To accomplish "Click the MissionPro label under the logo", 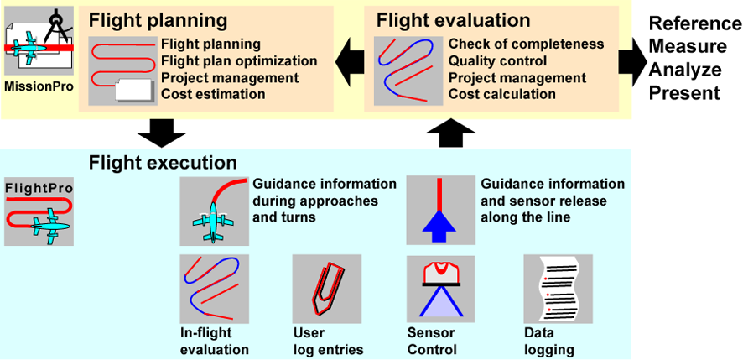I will click(38, 86).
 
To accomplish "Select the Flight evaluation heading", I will click(453, 19).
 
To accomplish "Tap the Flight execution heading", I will click(163, 162).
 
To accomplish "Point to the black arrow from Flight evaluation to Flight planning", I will click(349, 60).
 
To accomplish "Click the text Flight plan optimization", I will click(239, 61).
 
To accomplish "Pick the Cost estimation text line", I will click(213, 94).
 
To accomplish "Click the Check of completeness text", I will click(526, 44).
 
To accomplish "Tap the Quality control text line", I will click(497, 61).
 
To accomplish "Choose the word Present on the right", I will click(683, 93).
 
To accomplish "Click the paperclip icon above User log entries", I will click(326, 289).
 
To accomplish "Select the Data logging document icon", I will click(558, 289).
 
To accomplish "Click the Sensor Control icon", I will click(441, 289).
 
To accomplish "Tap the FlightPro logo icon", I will click(39, 211).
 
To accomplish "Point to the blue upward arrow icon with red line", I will click(441, 211).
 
